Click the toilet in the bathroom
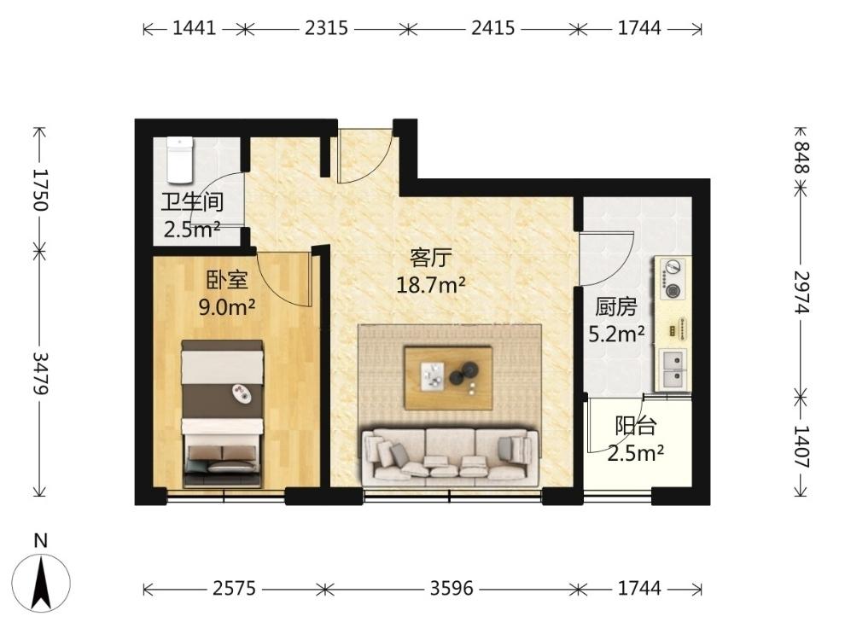point(179,160)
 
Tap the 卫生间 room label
point(192,202)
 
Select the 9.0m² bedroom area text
point(227,307)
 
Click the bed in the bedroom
point(222,414)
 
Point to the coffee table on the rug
point(448,378)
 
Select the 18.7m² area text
point(430,284)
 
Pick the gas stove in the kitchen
point(672,279)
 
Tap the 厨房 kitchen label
point(616,307)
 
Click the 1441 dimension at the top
point(194,27)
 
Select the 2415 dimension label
point(493,27)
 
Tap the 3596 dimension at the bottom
point(452,588)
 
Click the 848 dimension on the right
point(801,157)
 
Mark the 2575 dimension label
point(235,588)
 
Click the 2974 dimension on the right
point(801,292)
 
